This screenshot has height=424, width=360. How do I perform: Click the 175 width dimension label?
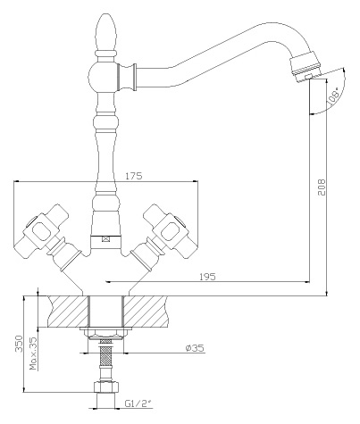133,176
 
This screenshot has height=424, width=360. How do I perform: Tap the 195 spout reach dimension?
207,277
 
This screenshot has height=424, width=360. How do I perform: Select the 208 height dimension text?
322,187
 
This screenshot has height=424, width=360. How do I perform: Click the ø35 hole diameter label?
195,348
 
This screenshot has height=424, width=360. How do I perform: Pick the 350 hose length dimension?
19,344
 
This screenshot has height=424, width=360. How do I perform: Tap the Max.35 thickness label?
34,353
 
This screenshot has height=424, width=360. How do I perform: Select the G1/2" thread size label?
138,403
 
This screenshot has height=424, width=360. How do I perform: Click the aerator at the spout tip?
306,66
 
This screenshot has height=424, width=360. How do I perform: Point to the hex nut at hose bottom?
106,387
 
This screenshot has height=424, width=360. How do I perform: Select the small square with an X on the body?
105,238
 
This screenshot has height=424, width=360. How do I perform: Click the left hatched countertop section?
68,312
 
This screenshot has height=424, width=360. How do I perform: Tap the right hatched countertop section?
146,312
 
